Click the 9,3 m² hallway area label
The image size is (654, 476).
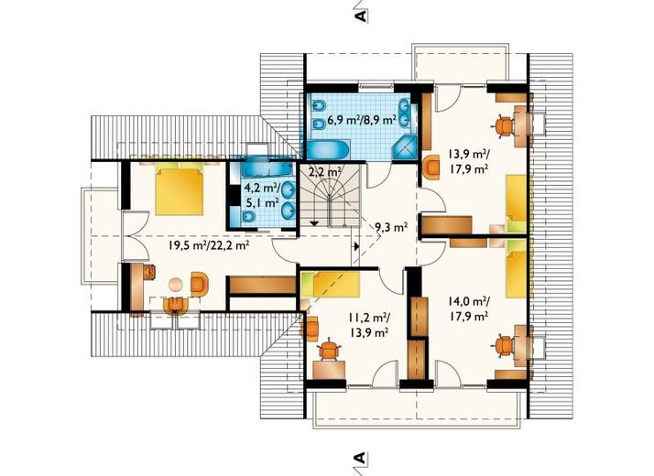coord(391,228)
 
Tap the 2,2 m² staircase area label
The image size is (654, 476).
coord(325,171)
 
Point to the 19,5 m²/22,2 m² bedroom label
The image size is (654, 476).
coord(209,245)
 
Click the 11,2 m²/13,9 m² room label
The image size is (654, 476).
coord(369,325)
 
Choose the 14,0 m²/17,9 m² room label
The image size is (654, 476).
coord(469,308)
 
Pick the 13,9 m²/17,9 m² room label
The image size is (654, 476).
coord(469,161)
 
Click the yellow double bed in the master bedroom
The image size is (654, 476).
coord(179,189)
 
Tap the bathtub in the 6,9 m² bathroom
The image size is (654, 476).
coord(329,149)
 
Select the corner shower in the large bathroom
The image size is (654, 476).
coord(405,147)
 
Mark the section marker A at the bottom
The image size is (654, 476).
coord(360,458)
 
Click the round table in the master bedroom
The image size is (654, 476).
coord(176,285)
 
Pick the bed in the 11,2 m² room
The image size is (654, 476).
coord(330,285)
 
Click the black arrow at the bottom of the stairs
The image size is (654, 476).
coord(315,223)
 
